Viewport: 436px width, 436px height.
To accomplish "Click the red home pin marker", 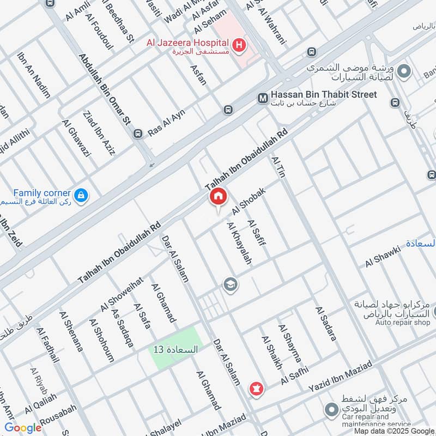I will coord(218,197).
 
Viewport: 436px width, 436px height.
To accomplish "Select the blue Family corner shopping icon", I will coord(81,195).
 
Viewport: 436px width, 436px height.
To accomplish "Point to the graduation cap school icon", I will coord(230,284).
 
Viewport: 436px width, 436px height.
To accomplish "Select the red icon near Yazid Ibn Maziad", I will coord(255,389).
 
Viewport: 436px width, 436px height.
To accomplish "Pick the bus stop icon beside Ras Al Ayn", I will coord(138,134).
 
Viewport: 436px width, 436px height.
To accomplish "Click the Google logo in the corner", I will coord(22,427).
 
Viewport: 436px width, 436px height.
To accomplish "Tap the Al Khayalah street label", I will coord(239,244).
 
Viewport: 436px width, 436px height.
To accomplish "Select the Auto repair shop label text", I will coord(402,322).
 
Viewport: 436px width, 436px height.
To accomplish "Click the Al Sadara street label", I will coord(325,324).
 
